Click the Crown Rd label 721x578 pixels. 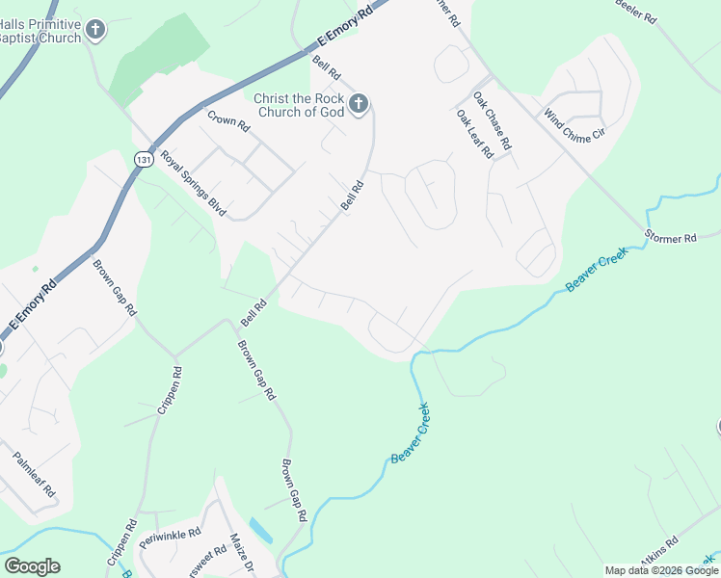[228, 120]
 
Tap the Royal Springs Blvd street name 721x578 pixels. [185, 179]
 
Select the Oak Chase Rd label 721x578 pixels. [492, 120]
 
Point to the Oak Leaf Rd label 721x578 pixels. [475, 133]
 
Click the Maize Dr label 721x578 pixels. [240, 552]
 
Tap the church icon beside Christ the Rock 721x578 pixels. [359, 104]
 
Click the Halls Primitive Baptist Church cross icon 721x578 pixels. [94, 30]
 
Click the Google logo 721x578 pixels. [32, 566]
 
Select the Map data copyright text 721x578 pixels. [662, 570]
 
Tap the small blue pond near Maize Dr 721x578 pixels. [259, 530]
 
